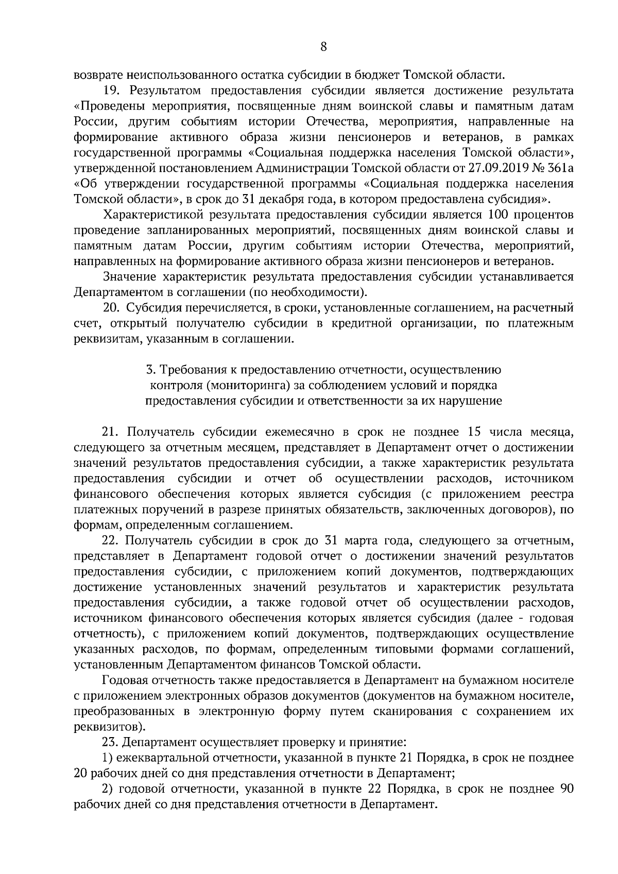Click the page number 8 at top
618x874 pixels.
click(x=323, y=47)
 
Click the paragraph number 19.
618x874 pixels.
click(x=112, y=91)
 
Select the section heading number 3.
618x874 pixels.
click(x=150, y=370)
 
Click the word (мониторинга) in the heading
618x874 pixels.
click(x=241, y=385)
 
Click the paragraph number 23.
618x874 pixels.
click(x=111, y=742)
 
